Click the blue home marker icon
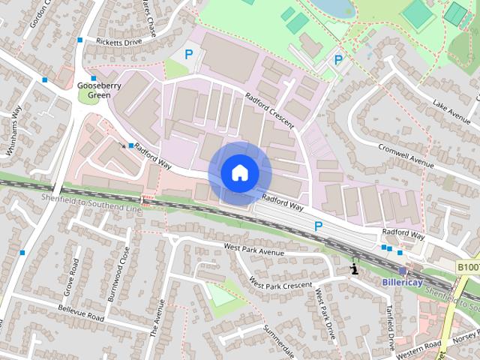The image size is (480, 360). (239, 172)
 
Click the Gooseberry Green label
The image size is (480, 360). (94, 90)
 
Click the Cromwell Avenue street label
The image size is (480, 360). (406, 154)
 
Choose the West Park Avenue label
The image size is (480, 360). (254, 250)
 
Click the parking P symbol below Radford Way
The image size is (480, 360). (318, 226)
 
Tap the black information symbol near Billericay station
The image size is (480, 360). (354, 268)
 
